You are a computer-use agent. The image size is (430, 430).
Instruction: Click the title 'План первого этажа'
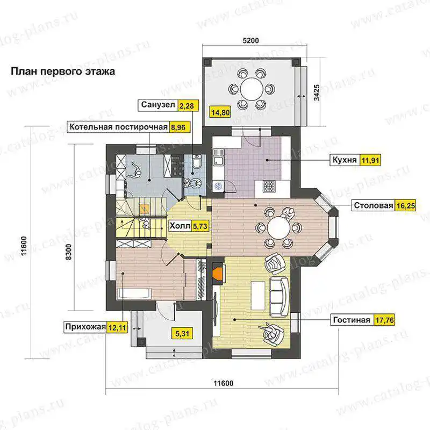[x=63, y=71]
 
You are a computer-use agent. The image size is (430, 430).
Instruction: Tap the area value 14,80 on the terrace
[x=220, y=112]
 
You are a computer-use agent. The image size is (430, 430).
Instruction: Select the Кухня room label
[x=345, y=160]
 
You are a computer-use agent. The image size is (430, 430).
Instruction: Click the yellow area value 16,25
[x=405, y=205]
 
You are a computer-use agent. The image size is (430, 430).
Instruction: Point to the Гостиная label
[x=352, y=320]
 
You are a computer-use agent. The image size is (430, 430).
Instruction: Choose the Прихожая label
[x=85, y=327]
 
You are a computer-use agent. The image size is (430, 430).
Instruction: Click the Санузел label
[x=158, y=105]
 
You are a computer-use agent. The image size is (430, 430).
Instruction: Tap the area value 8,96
[x=178, y=127]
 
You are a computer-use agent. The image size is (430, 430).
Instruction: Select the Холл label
[x=180, y=226]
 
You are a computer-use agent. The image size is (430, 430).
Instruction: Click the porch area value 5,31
[x=182, y=334]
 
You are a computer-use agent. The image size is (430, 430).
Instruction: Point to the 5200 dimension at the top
[x=250, y=41]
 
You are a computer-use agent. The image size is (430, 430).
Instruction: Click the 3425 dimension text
[x=317, y=92]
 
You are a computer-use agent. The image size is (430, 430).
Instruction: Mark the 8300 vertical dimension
[x=69, y=252]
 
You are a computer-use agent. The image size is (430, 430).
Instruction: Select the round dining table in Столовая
[x=278, y=228]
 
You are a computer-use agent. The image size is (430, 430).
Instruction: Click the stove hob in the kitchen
[x=268, y=187]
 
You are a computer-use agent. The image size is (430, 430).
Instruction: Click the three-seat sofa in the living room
[x=279, y=297]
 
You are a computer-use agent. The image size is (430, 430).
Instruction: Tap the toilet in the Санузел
[x=197, y=161]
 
